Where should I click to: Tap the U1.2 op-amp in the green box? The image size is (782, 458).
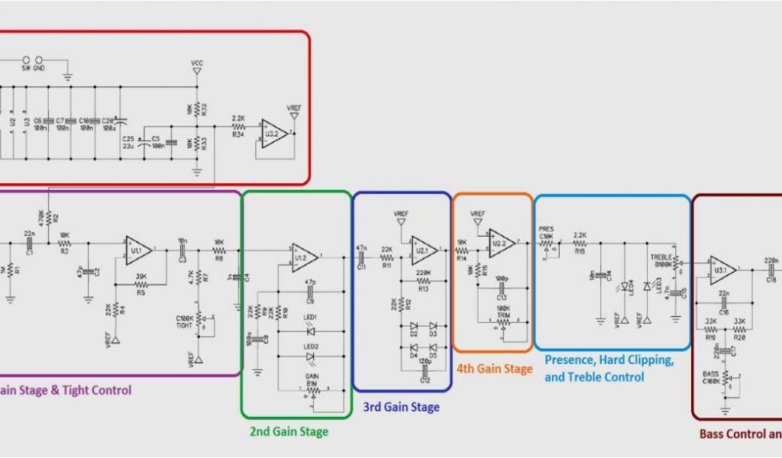click(x=305, y=256)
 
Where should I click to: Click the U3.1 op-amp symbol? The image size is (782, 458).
click(x=722, y=269)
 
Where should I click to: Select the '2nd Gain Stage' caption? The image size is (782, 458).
click(x=289, y=432)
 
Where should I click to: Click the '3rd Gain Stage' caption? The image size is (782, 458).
click(x=401, y=407)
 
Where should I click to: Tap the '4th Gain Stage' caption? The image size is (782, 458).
click(x=494, y=369)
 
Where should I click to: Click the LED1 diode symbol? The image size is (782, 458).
click(x=310, y=331)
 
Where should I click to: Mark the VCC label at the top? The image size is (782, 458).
click(x=197, y=63)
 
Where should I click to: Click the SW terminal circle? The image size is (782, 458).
click(x=26, y=60)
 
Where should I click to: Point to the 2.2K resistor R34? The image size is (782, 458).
click(x=238, y=127)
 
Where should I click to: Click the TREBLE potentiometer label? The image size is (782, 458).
click(x=661, y=256)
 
